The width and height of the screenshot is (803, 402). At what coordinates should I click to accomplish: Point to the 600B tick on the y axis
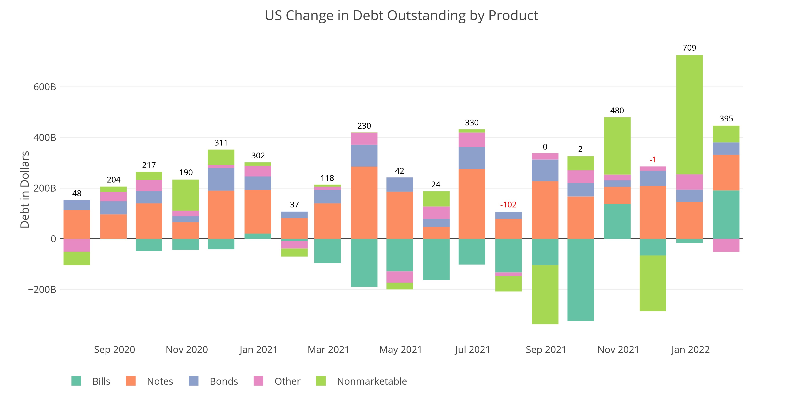pos(45,87)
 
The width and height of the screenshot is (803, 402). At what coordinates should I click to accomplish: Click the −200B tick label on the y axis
pos(42,289)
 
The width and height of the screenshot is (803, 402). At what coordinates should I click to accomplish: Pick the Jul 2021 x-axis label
pos(472,350)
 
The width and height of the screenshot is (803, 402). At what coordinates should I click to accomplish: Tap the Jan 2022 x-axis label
pos(690,350)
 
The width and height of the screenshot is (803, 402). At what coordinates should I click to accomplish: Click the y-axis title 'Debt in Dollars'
pos(25,190)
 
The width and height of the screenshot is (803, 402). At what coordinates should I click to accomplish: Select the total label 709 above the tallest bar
pos(689,48)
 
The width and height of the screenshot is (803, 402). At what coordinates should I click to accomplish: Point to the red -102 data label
pos(508,205)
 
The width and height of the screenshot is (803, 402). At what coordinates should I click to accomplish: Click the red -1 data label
pos(653,160)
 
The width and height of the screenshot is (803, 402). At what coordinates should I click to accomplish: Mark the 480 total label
pos(617,111)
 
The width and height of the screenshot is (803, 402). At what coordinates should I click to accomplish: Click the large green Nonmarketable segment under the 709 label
pos(689,115)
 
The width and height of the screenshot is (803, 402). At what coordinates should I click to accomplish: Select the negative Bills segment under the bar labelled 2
pos(580,279)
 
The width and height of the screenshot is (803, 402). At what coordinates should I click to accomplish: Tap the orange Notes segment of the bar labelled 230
pos(364,203)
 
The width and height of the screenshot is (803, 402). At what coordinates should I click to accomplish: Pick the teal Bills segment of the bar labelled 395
pos(726,214)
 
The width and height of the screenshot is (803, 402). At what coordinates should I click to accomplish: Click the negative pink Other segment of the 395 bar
pos(726,245)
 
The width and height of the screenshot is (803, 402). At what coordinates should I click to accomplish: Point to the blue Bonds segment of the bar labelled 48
pos(77,205)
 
